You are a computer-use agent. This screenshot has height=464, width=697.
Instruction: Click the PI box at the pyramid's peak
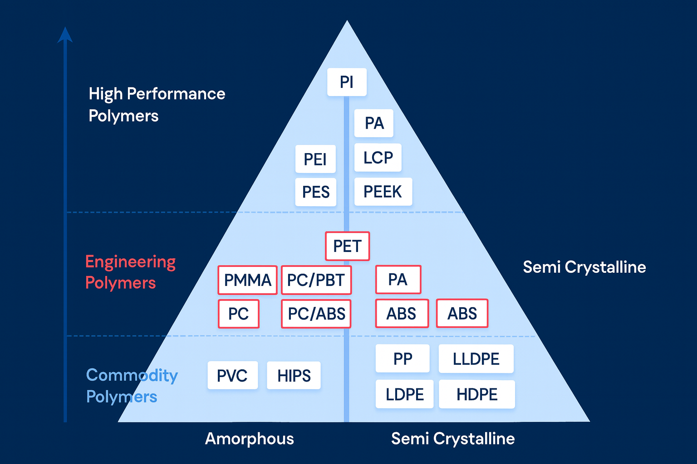(347, 82)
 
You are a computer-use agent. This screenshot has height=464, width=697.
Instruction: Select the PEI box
(315, 159)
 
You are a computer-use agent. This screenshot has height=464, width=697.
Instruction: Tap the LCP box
(378, 158)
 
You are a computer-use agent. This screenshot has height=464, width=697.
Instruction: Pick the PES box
(315, 192)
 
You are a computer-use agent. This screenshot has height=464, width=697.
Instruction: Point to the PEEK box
(383, 192)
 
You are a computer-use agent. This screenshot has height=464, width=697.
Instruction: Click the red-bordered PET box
(347, 246)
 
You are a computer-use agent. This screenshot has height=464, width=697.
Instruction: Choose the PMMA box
(247, 280)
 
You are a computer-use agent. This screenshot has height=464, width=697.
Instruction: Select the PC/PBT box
(316, 280)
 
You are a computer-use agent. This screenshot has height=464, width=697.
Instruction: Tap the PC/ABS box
(316, 314)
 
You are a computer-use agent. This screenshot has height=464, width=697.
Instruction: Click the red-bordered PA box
(398, 280)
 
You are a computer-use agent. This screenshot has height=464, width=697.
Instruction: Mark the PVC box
(232, 375)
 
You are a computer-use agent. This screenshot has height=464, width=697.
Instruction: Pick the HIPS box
(294, 375)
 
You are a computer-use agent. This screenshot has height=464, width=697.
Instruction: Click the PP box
(402, 358)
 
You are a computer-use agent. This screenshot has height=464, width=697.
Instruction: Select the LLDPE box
(476, 359)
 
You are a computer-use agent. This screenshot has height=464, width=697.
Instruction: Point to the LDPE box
(404, 394)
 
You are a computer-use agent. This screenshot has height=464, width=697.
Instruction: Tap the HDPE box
(476, 394)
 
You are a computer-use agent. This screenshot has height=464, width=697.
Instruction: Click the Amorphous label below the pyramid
(249, 439)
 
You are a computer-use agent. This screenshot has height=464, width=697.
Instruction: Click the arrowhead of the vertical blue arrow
(65, 35)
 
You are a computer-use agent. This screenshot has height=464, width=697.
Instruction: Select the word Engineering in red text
(130, 262)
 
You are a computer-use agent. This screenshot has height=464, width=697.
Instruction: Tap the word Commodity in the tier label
(132, 375)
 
